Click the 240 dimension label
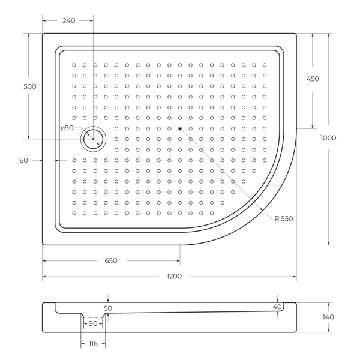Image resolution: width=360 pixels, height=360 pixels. click(68, 21)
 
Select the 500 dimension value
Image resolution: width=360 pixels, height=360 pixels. click(29, 86)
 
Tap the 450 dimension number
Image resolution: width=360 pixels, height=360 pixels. click(313, 79)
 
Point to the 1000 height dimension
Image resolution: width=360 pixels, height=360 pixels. click(328, 138)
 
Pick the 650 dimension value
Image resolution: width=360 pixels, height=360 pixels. click(110, 261)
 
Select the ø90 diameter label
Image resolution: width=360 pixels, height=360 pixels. click(67, 128)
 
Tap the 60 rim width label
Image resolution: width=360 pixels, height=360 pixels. click(24, 160)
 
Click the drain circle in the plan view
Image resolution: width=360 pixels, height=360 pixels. click(93, 139)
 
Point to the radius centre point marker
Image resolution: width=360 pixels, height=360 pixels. click(179, 128)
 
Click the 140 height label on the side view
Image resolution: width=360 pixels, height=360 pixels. click(328, 317)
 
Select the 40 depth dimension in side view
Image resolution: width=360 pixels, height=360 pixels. click(277, 307)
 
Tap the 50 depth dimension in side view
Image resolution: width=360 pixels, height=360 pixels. click(108, 308)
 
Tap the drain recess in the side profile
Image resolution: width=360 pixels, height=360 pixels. click(93, 316)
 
